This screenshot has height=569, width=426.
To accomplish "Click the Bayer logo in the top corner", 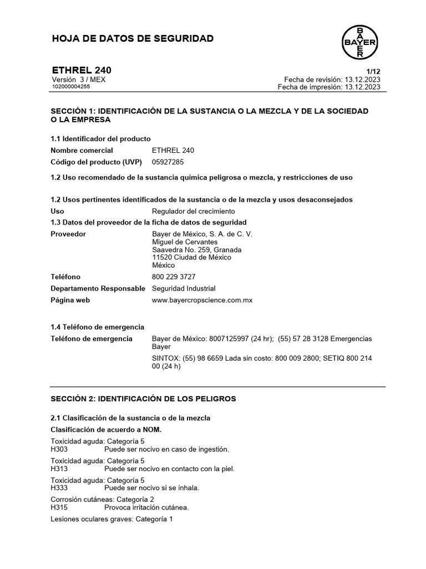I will (x=359, y=42).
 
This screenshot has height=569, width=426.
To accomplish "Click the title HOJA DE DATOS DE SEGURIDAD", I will (x=132, y=38).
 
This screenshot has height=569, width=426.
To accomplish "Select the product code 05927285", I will (x=168, y=162).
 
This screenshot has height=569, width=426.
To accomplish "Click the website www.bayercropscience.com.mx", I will (x=202, y=300).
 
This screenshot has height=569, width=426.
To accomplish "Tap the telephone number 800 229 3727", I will (x=174, y=277).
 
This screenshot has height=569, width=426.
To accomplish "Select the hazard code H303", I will (x=59, y=449).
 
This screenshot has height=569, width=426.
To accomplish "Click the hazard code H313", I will (x=59, y=468).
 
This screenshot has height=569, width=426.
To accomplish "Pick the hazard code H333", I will (x=59, y=488).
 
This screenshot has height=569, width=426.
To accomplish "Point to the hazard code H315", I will (x=59, y=507).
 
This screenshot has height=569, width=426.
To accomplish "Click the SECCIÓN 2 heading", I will (x=143, y=398).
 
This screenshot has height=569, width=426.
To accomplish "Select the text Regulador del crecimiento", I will (x=193, y=211).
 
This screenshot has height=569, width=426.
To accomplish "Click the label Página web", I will (x=70, y=300).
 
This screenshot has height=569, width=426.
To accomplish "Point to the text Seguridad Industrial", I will (x=184, y=288).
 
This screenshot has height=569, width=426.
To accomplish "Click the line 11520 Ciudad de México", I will (x=191, y=257).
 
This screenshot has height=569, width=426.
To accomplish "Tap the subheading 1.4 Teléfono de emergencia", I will (x=97, y=327).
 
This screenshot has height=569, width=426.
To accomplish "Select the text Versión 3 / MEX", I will (x=78, y=79).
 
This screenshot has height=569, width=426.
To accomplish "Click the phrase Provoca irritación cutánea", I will (x=146, y=507).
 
